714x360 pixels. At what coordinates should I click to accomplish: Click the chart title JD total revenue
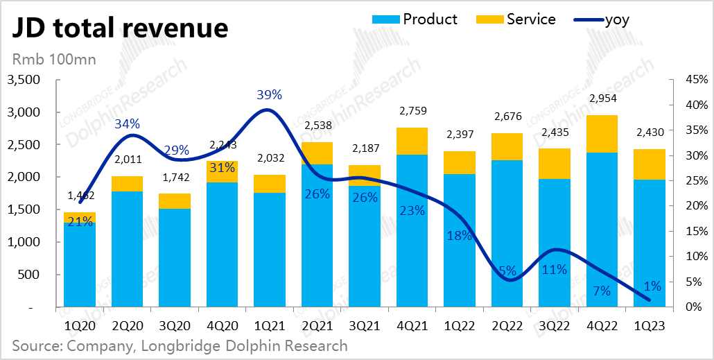[x=118, y=28]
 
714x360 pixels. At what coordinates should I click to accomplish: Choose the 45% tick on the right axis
[x=695, y=80]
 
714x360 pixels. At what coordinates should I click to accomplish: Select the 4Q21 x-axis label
[x=412, y=325]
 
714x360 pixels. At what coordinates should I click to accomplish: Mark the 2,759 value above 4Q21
[x=412, y=111]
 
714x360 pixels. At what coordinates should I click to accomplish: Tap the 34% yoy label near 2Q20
[x=128, y=124]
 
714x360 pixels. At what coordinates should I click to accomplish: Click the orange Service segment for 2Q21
[x=317, y=153]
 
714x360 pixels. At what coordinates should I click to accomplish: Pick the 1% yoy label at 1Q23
[x=652, y=286]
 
